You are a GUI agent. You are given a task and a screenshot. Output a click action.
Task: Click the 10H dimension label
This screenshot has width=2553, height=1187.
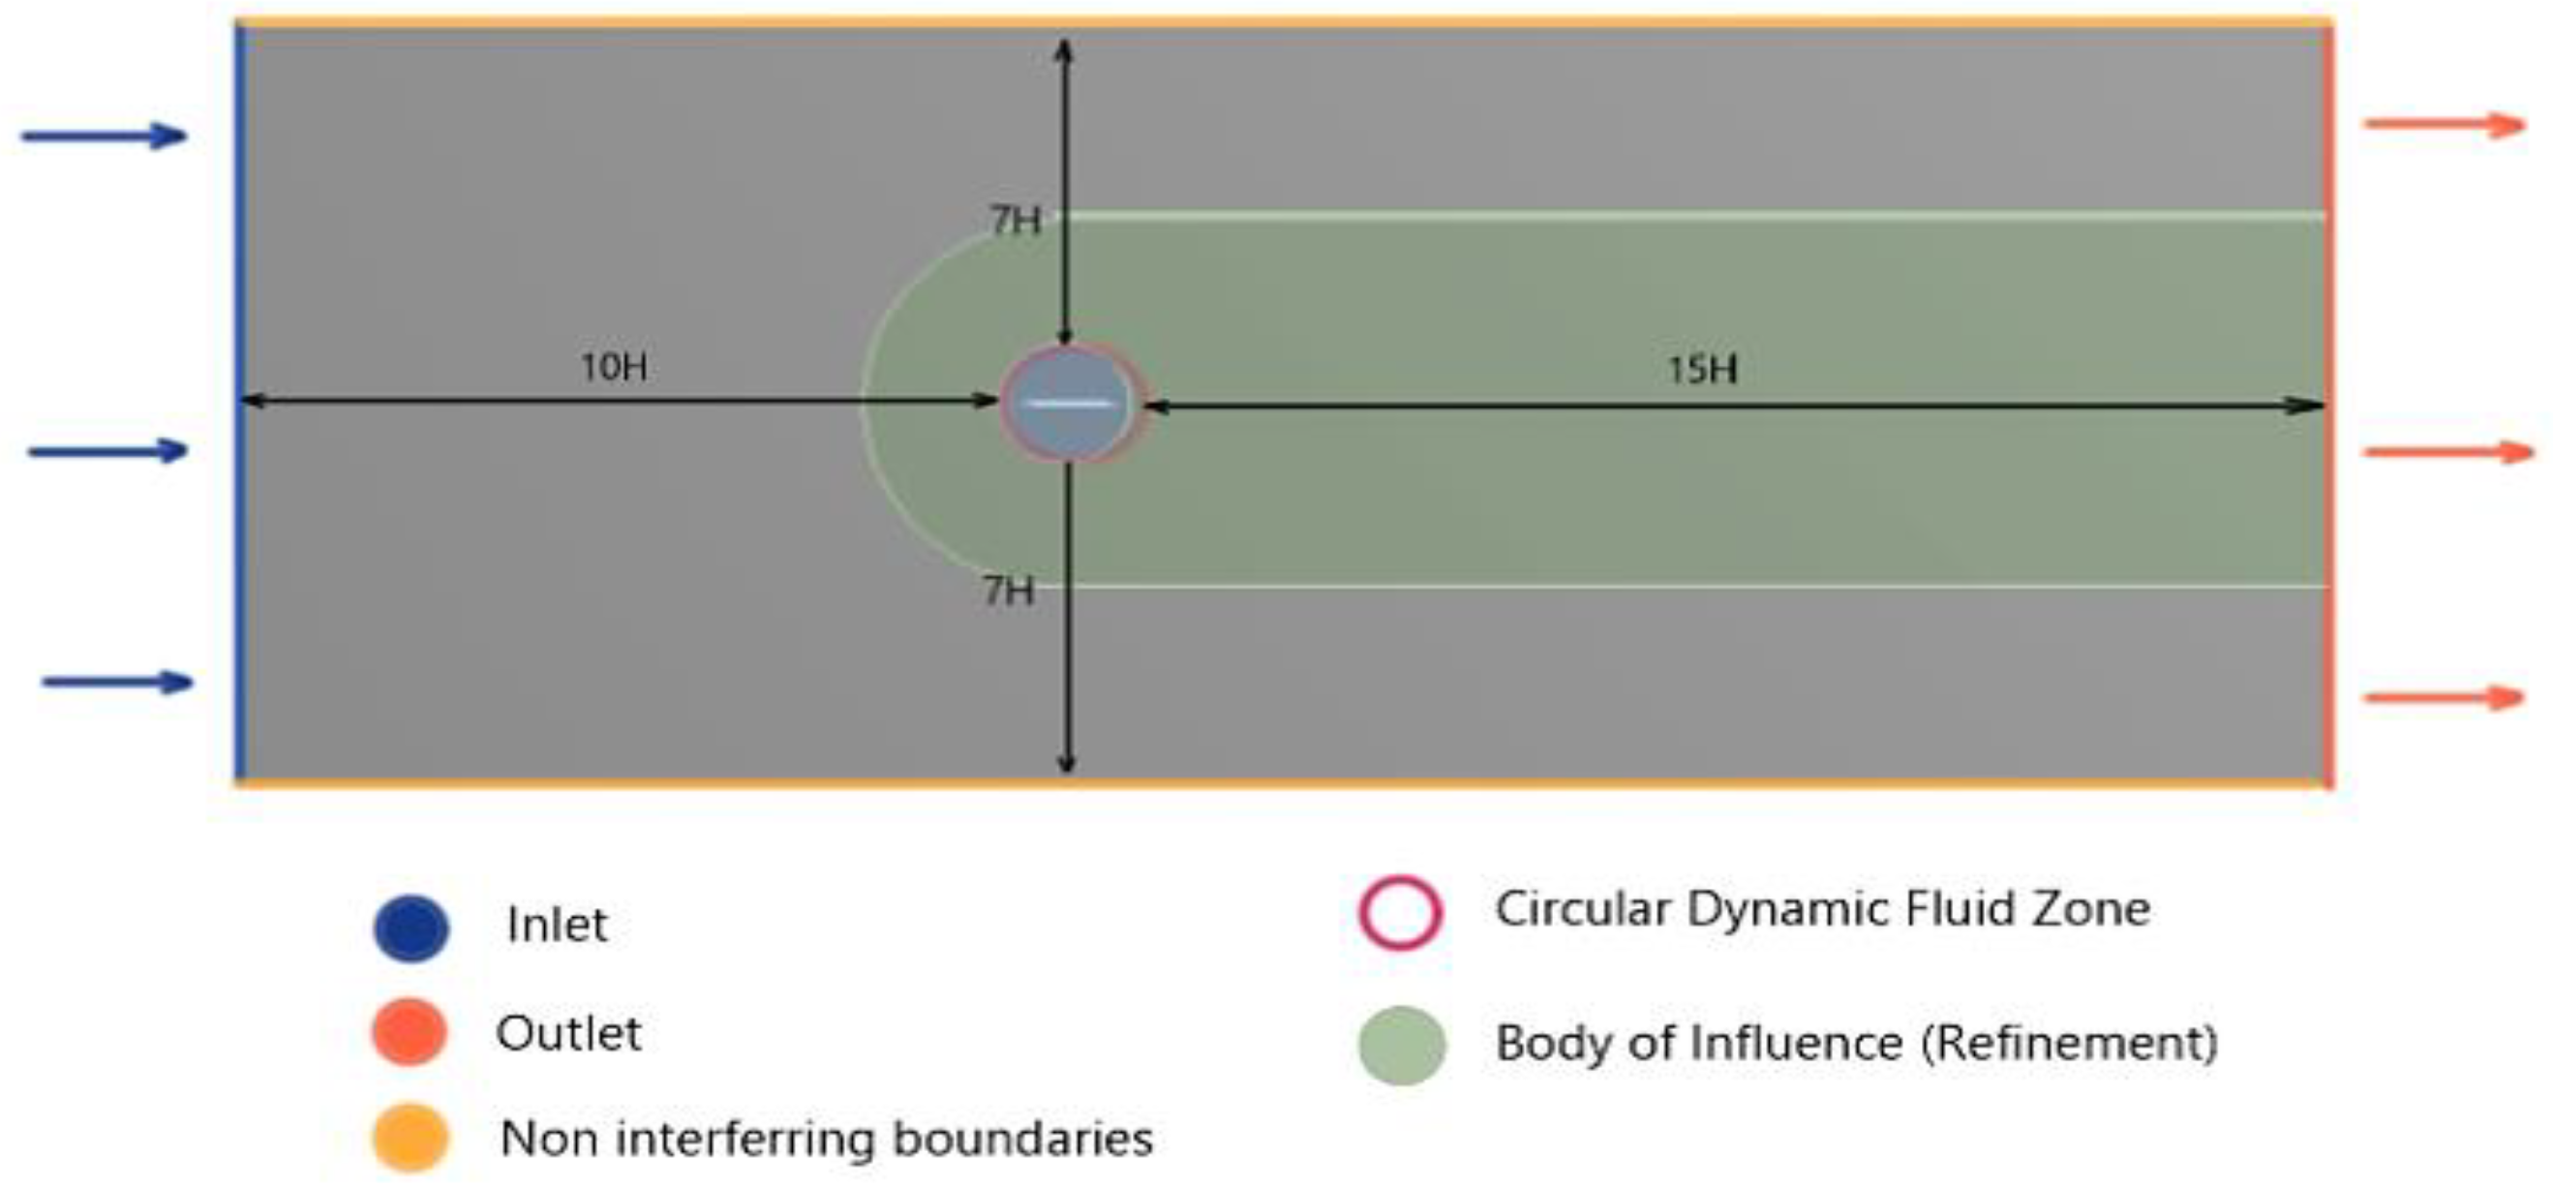(x=614, y=368)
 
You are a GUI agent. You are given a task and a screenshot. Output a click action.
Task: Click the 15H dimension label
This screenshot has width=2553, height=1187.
(x=1702, y=371)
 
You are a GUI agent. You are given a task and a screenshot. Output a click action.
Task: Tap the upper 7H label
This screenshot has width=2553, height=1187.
(x=1015, y=221)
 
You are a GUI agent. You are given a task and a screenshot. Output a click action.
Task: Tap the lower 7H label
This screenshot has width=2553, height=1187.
(x=1008, y=592)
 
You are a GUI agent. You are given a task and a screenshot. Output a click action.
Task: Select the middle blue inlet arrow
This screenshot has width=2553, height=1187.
(x=108, y=452)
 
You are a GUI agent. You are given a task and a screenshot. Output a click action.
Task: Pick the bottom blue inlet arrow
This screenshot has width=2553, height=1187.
(x=117, y=682)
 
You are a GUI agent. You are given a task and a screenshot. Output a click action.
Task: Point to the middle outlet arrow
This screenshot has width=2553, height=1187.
(x=2447, y=453)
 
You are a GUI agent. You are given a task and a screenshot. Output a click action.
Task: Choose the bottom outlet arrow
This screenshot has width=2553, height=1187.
(x=2443, y=697)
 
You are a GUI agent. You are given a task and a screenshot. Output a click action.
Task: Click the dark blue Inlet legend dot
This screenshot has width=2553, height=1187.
(x=411, y=928)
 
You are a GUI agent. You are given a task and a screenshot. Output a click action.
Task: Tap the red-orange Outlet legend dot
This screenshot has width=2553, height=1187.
(x=410, y=1031)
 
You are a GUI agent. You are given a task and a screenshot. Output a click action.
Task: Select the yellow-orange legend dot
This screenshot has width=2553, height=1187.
(x=410, y=1138)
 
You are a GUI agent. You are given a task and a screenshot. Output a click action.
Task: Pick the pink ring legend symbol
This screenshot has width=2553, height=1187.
(x=1399, y=913)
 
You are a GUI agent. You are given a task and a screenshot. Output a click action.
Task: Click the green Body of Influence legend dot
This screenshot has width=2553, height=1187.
(x=1401, y=1046)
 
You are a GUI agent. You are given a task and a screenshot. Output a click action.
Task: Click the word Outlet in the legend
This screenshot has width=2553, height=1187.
(x=568, y=1034)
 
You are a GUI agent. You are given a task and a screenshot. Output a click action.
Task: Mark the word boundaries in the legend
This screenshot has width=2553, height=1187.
(x=1022, y=1139)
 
